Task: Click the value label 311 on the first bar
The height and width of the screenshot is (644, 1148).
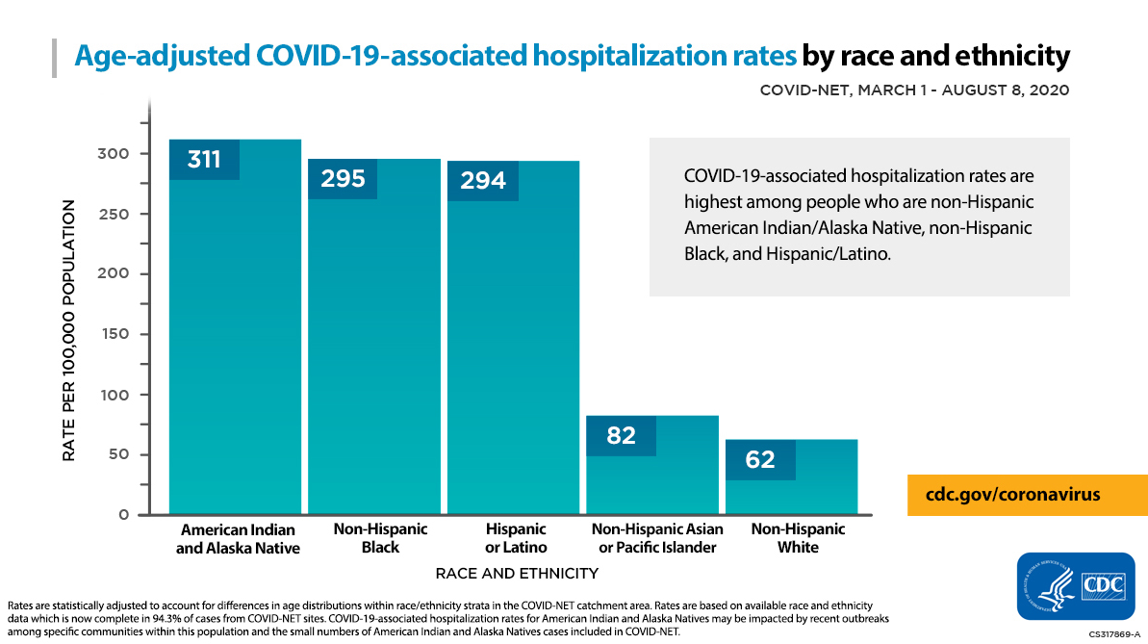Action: pyautogui.click(x=204, y=160)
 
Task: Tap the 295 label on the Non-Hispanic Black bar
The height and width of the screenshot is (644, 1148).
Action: pyautogui.click(x=343, y=179)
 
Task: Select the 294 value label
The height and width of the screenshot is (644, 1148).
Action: pyautogui.click(x=483, y=181)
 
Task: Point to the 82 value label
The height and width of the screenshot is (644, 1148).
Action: pyautogui.click(x=621, y=436)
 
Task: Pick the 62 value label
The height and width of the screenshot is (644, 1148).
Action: pyautogui.click(x=760, y=460)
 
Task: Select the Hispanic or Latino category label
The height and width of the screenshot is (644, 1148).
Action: pyautogui.click(x=516, y=538)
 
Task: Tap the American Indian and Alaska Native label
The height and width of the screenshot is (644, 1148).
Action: pyautogui.click(x=238, y=539)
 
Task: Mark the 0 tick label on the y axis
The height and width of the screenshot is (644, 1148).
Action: pyautogui.click(x=123, y=515)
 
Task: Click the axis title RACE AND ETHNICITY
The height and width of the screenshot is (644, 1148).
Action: pyautogui.click(x=517, y=574)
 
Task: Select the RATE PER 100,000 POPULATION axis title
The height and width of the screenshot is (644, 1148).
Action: pyautogui.click(x=69, y=330)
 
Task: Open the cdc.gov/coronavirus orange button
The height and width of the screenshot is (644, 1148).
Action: pyautogui.click(x=1027, y=495)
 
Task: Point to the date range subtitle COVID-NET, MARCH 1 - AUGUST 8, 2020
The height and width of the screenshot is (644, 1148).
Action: pyautogui.click(x=914, y=90)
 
